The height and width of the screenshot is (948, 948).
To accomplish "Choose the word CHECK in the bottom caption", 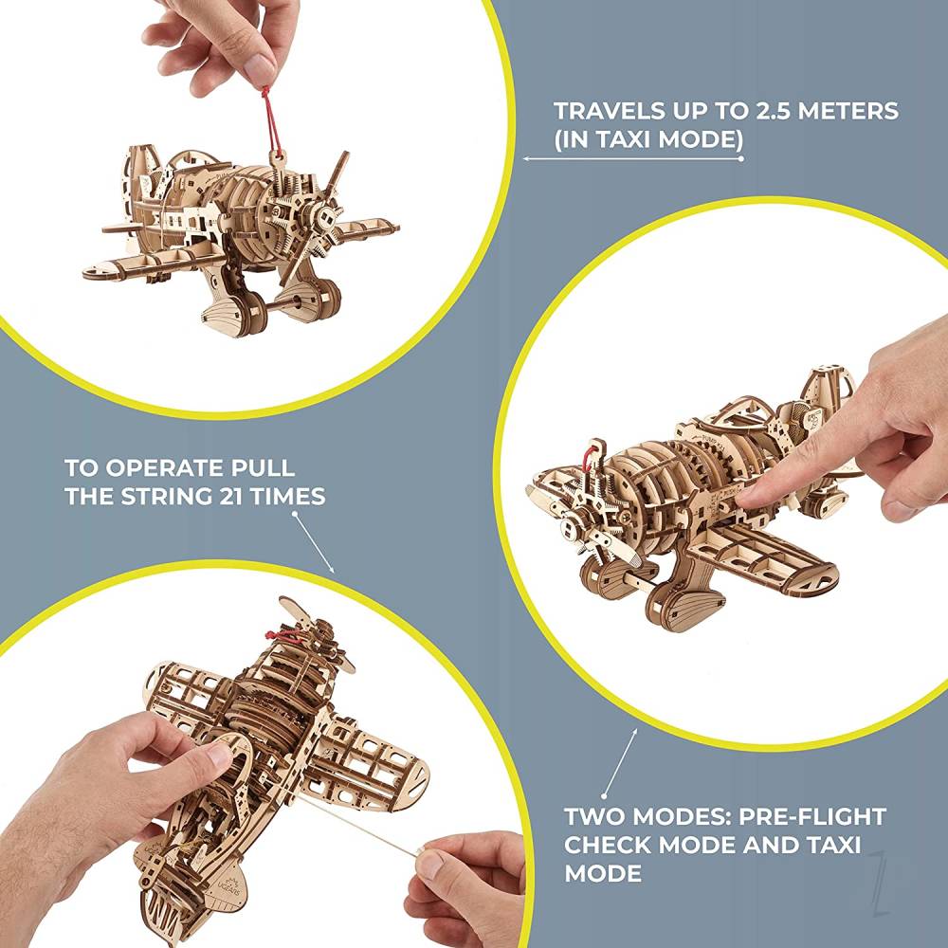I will (611, 845).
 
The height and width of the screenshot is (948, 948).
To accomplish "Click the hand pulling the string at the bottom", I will (465, 882).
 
